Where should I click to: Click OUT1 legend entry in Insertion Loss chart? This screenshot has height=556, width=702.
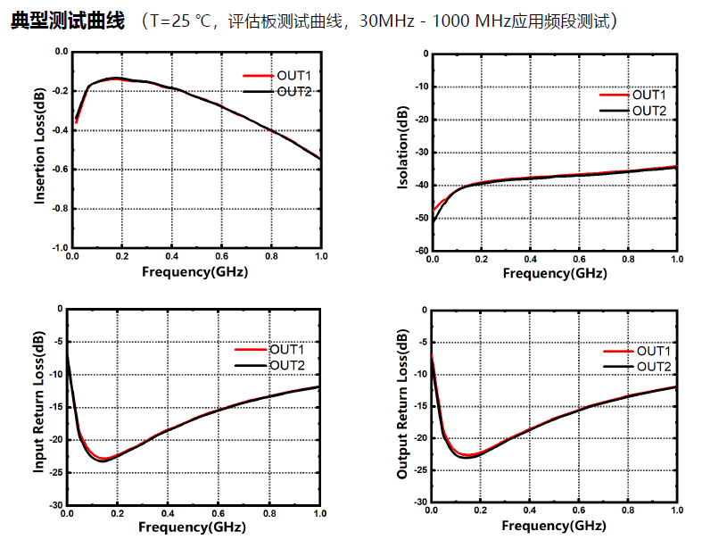(x=293, y=77)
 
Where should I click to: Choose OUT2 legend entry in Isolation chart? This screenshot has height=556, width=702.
(x=648, y=110)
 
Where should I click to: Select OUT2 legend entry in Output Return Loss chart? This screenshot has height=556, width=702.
(x=653, y=366)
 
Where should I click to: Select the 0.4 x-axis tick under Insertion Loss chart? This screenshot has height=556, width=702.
(x=171, y=256)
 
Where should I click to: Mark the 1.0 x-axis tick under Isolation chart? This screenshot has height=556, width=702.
(x=676, y=259)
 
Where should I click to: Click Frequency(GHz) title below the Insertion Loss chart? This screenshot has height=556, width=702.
(x=194, y=271)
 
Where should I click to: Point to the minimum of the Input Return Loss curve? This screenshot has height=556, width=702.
(x=103, y=460)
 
